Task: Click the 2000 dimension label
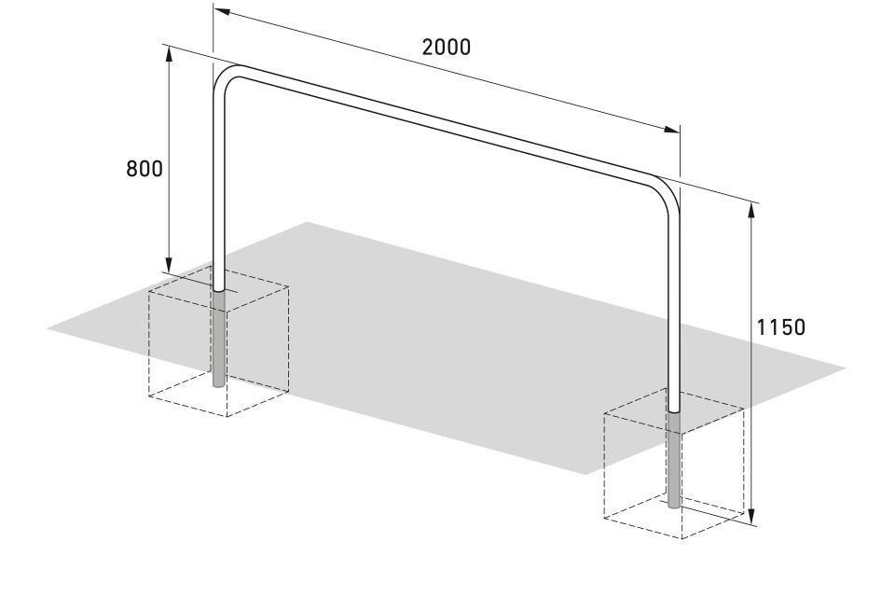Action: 447,47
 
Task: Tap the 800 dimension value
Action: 145,169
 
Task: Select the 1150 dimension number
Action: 781,327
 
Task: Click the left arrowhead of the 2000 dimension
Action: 222,11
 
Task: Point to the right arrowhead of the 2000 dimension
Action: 672,130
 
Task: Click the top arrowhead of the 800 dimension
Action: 169,54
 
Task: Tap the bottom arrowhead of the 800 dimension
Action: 169,265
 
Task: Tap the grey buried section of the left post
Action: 220,340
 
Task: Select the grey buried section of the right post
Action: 674,460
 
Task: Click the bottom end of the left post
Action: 220,386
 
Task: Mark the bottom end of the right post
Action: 674,507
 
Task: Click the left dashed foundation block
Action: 218,340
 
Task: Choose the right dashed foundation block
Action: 674,463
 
